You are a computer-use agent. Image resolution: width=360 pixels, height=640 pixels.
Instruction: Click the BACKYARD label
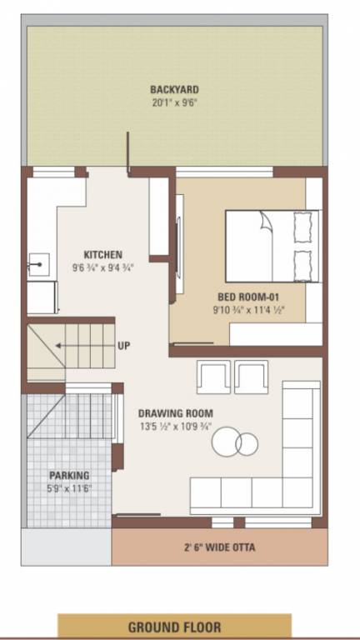(x=174, y=89)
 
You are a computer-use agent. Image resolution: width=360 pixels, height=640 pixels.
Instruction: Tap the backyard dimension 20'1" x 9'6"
(x=174, y=103)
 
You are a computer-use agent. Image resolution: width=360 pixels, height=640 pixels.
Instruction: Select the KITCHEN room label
(x=103, y=254)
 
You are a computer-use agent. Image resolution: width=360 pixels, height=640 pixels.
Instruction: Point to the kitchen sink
(x=37, y=266)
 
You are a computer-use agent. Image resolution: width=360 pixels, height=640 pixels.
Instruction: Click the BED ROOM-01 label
(x=246, y=297)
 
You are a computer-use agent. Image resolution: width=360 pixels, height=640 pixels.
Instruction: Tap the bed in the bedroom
(x=272, y=246)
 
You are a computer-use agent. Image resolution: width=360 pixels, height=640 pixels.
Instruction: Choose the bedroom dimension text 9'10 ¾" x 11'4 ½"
(x=247, y=311)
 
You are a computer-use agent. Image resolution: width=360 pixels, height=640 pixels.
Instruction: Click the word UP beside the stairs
(x=123, y=345)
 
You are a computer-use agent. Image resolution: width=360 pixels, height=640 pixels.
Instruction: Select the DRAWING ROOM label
(x=175, y=412)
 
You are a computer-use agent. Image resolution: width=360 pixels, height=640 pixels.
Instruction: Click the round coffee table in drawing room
(x=234, y=442)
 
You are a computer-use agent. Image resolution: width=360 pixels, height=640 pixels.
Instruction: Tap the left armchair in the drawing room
(x=213, y=377)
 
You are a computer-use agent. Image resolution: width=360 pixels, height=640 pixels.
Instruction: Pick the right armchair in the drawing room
(x=251, y=377)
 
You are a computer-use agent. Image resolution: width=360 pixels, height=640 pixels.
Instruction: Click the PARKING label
(x=68, y=475)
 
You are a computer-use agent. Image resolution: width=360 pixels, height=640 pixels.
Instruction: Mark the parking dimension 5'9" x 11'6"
(x=68, y=488)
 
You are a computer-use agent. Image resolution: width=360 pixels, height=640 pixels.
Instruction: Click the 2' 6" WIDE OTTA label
(x=219, y=547)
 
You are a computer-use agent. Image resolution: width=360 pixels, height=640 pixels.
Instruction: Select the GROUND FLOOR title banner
(x=174, y=626)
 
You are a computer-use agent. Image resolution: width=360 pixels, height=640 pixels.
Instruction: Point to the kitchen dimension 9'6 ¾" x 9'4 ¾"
(x=103, y=268)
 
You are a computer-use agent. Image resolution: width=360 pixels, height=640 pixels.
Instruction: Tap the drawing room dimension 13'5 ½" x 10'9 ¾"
(x=175, y=427)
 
